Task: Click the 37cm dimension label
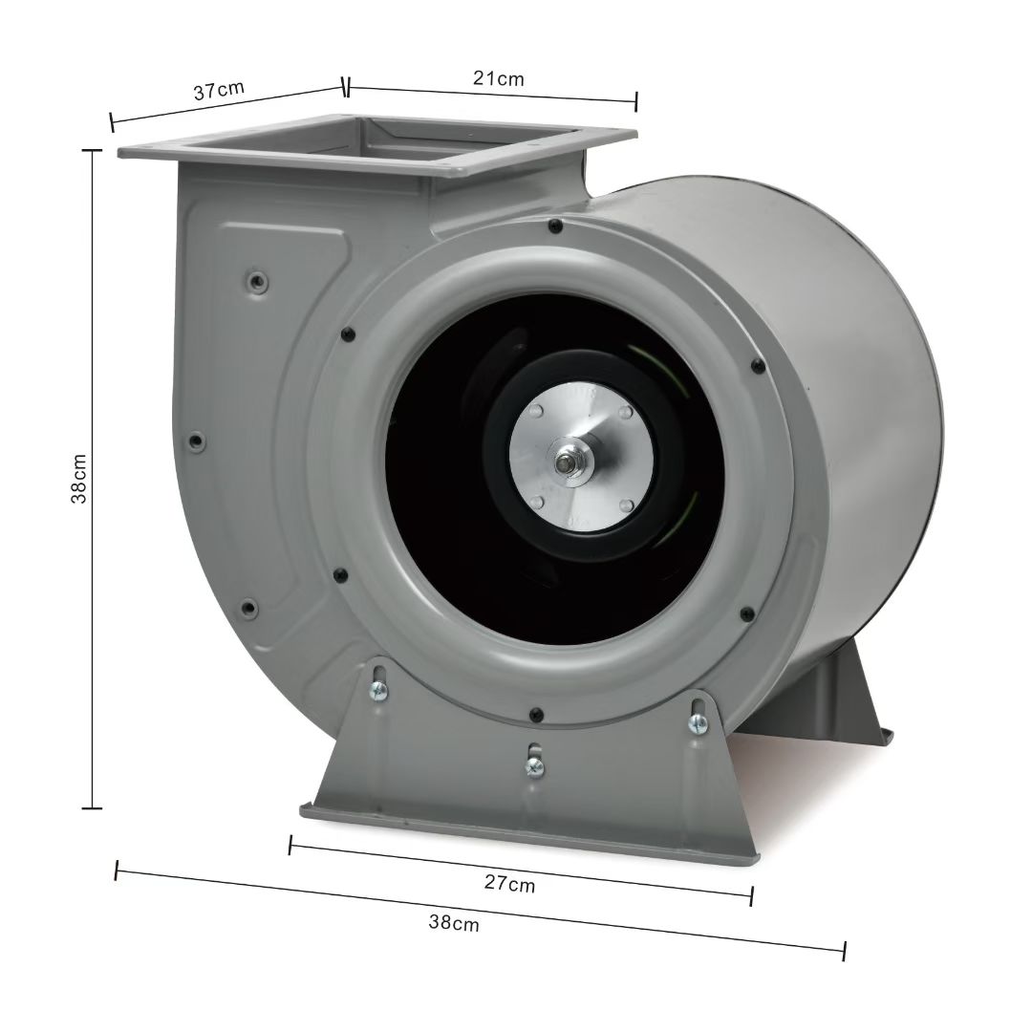219,90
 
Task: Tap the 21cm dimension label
498,78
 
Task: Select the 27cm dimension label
509,883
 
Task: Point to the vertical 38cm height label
78,479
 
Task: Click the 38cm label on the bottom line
454,923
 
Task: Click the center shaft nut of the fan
565,463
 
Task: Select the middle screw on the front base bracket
534,766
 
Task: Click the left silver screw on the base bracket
379,690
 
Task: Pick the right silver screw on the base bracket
698,724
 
